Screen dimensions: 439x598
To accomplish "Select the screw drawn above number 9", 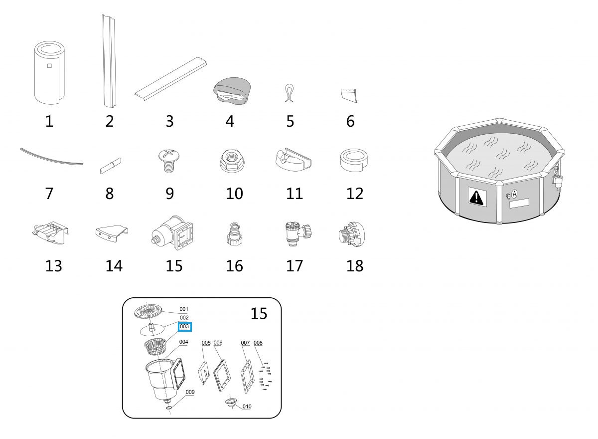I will (170, 160).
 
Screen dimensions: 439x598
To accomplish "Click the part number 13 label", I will (54, 266).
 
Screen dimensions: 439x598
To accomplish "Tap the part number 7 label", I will (49, 193).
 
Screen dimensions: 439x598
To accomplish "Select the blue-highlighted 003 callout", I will (184, 326).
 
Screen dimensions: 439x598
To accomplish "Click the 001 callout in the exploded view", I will (184, 309).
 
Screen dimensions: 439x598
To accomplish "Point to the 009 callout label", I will (190, 392).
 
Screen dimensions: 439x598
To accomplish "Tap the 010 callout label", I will (247, 407).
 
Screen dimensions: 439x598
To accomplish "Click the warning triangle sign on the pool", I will (477, 198).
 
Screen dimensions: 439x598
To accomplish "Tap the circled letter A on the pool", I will (515, 194).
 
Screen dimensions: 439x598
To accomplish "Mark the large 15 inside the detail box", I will (259, 314).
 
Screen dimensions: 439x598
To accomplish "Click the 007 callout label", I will (245, 343).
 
